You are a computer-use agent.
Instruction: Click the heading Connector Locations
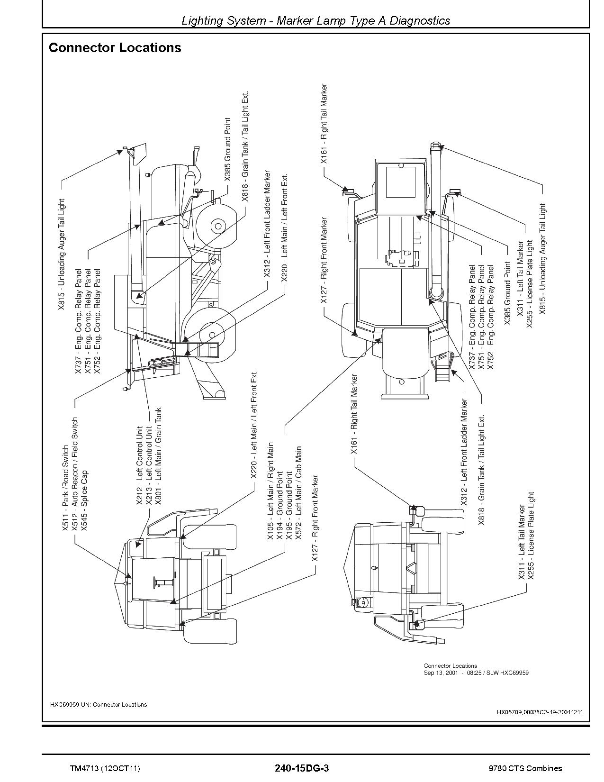click(x=115, y=48)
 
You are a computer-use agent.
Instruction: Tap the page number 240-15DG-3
click(x=301, y=768)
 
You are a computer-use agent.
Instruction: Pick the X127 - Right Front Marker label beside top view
click(x=324, y=260)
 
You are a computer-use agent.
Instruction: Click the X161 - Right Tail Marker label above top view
click(x=324, y=124)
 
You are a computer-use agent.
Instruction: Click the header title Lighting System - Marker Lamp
click(x=316, y=20)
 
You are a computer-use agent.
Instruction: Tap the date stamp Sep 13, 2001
click(x=441, y=673)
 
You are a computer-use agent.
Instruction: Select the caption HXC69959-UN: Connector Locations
click(x=98, y=704)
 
